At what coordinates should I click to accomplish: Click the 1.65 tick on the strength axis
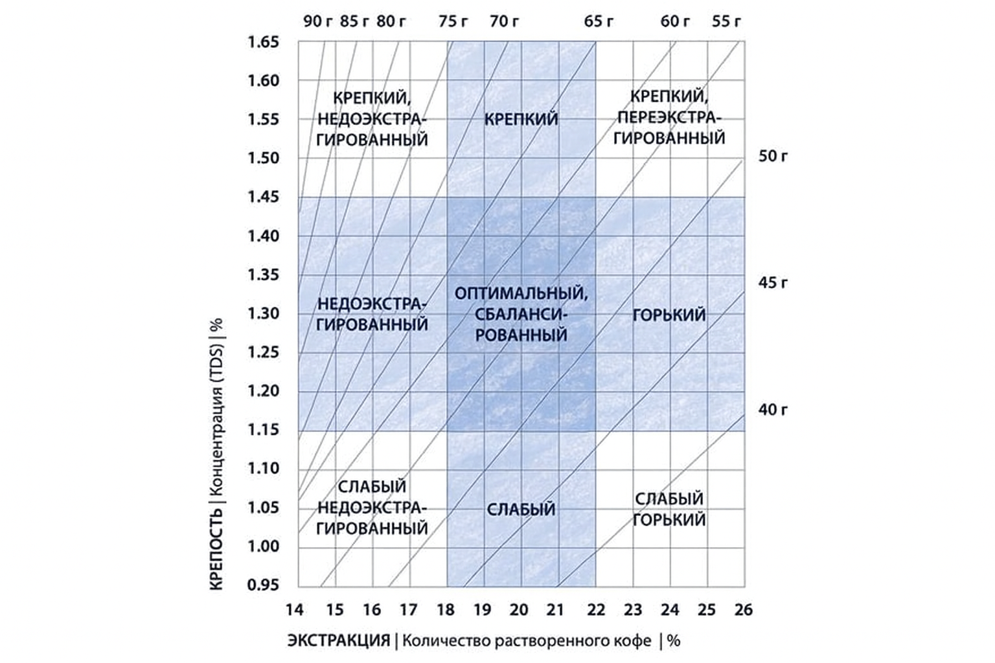(x=263, y=43)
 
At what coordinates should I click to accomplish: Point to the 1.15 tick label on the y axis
(x=263, y=430)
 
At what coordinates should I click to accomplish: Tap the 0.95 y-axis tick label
(x=263, y=585)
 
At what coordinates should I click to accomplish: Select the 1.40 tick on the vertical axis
(x=263, y=236)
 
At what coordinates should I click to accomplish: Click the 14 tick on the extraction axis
(x=295, y=610)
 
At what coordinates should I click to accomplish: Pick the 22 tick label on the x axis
(x=596, y=610)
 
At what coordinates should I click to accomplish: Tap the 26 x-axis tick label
(x=744, y=610)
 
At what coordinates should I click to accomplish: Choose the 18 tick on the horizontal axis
(x=446, y=610)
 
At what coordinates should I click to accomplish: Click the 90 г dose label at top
(x=318, y=21)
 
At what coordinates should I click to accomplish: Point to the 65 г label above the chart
(x=599, y=21)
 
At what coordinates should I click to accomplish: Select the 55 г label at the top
(x=726, y=21)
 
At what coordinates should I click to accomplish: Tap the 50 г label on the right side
(x=773, y=156)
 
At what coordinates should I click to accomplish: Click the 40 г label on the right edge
(x=773, y=410)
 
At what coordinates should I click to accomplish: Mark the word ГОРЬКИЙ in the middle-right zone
(x=669, y=315)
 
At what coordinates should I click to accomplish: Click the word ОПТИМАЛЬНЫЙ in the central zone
(x=521, y=293)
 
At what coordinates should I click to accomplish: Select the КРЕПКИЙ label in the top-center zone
(x=521, y=120)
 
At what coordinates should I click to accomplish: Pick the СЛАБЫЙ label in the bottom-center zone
(x=521, y=510)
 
